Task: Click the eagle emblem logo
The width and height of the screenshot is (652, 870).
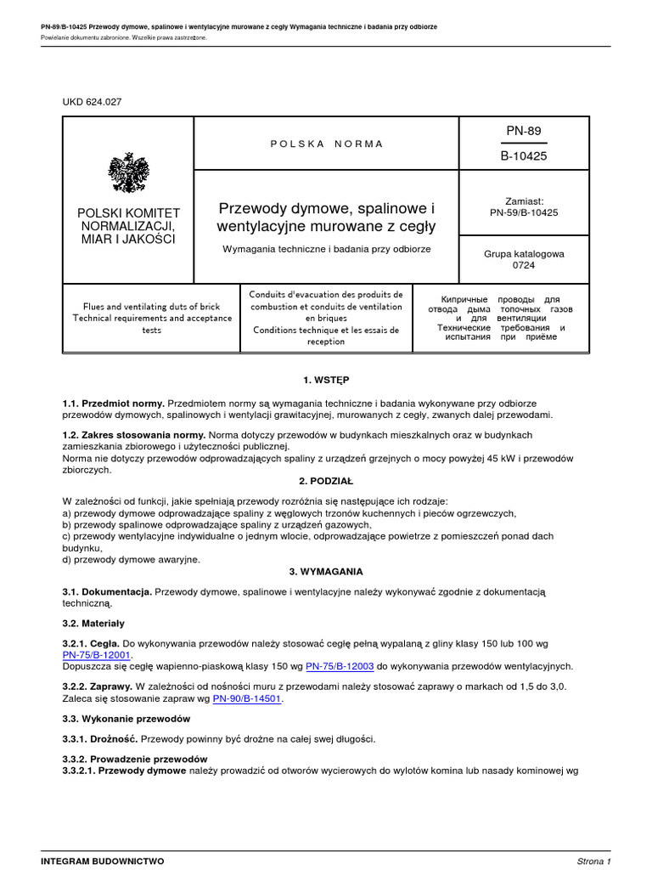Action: pyautogui.click(x=128, y=173)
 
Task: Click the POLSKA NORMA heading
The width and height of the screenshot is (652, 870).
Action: pyautogui.click(x=327, y=144)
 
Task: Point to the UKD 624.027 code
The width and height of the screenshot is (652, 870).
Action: pyautogui.click(x=93, y=102)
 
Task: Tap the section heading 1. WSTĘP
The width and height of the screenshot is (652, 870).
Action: pyautogui.click(x=326, y=380)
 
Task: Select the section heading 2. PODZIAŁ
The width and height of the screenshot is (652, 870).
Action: pyautogui.click(x=326, y=480)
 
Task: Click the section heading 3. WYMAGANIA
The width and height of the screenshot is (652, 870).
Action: pyautogui.click(x=326, y=571)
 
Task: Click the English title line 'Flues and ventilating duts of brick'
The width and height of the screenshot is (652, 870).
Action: pyautogui.click(x=151, y=306)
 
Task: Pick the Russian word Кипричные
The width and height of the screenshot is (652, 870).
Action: pyautogui.click(x=464, y=300)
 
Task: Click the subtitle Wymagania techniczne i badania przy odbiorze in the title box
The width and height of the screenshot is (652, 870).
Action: pyautogui.click(x=327, y=249)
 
